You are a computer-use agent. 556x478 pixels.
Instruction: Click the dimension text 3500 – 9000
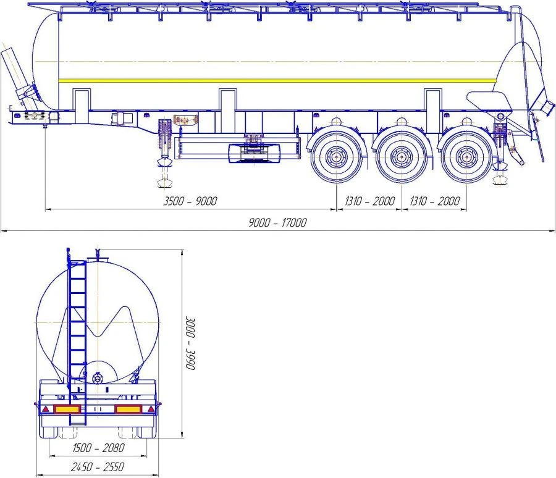tap(190, 201)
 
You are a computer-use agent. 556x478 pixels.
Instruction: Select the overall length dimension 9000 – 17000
tap(277, 223)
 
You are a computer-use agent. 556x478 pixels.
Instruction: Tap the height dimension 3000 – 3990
tap(191, 343)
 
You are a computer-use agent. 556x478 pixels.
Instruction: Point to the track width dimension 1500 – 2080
tap(98, 448)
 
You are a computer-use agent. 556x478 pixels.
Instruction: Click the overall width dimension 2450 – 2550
tap(98, 467)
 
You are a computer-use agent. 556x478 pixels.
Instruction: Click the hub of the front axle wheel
tap(336, 156)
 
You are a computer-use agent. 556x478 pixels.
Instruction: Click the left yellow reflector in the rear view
tap(67, 409)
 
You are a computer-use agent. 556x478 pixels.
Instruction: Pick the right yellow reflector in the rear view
tap(128, 409)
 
